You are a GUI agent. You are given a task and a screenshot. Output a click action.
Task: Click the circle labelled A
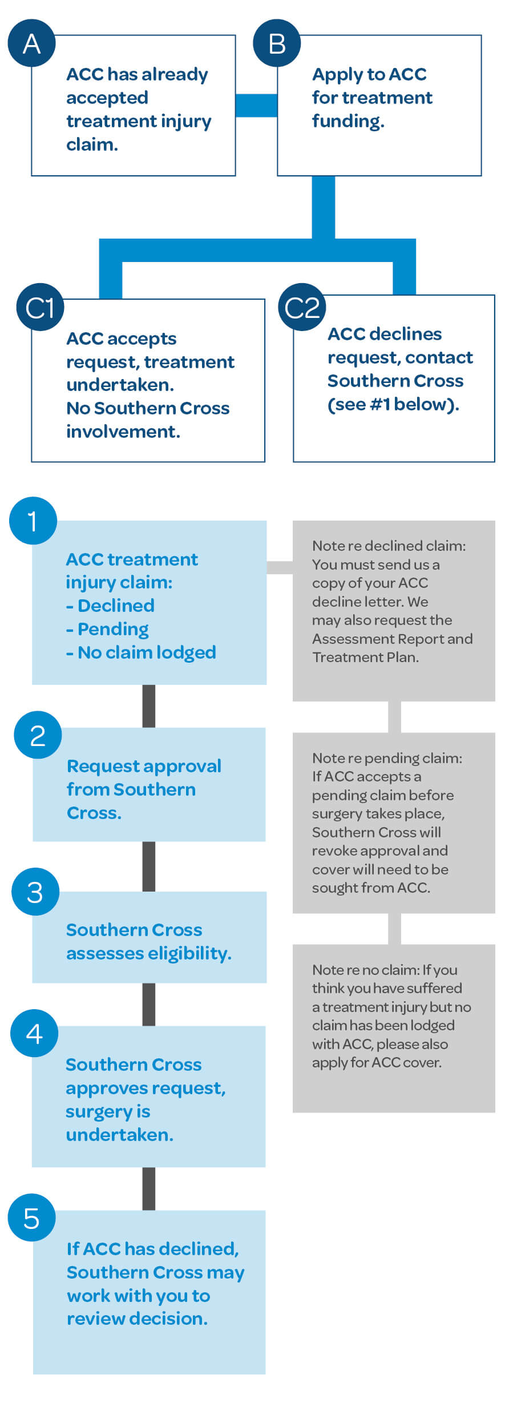pos(31,43)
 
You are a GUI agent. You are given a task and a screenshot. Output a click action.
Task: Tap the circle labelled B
pos(277,43)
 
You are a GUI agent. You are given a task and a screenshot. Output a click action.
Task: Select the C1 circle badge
pos(40,307)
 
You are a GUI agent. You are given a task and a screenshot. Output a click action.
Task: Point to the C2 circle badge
pos(302,307)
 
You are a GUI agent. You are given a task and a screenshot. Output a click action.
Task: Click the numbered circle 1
pos(33,521)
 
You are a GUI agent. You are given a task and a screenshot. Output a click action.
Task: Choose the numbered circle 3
pos(35,892)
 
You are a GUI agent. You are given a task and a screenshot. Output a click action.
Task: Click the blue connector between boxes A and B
pos(256,106)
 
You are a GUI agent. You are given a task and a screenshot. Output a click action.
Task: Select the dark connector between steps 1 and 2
pos(149,706)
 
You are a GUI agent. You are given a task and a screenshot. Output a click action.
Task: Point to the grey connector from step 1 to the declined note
pos(280,567)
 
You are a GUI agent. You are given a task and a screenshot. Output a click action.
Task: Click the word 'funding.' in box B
pos(348,121)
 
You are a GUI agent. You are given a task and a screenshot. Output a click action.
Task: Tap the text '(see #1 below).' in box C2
pos(393,404)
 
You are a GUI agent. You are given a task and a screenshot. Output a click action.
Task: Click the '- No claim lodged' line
pos(141,652)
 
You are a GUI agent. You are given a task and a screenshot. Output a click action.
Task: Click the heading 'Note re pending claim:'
pos(387,758)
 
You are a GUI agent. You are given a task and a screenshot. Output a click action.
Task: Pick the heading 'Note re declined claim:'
pos(389,546)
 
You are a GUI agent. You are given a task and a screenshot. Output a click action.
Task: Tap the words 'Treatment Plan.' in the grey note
pos(365,657)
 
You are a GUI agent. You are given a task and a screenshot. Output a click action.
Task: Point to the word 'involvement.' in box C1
pos(123,432)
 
